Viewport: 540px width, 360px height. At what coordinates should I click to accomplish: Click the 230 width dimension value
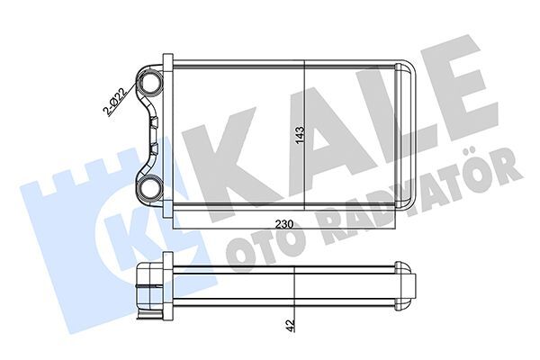click(x=283, y=224)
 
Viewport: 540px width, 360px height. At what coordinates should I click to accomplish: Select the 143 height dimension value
click(x=300, y=135)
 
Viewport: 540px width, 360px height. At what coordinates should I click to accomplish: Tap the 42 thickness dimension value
click(x=291, y=325)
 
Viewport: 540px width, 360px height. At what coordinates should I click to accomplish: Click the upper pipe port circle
click(x=149, y=82)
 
